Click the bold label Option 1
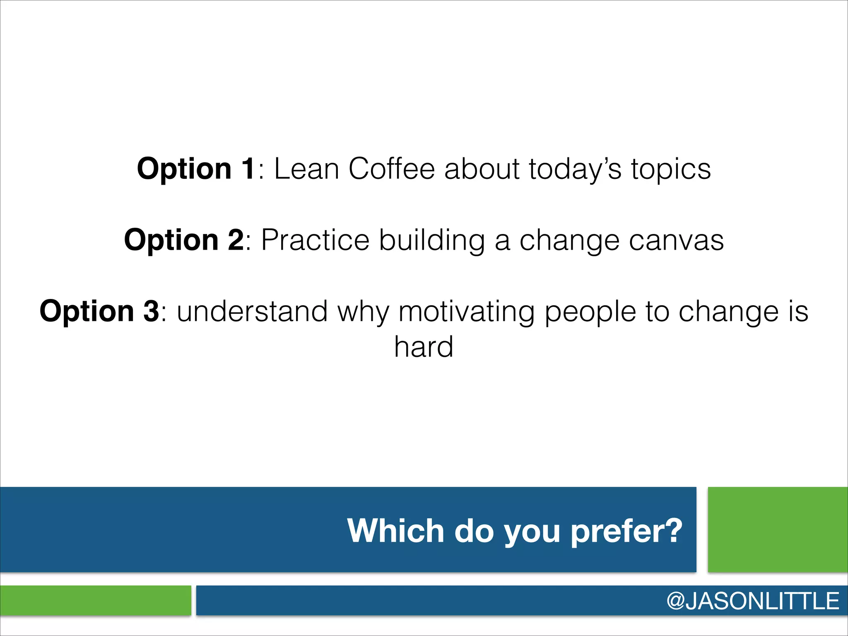tap(196, 169)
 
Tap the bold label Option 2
tap(184, 240)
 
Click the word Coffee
tap(391, 169)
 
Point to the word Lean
tap(306, 169)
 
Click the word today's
tap(575, 169)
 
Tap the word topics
tap(671, 169)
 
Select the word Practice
tap(315, 240)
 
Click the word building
tap(432, 240)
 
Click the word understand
tap(252, 311)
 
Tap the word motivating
tap(466, 311)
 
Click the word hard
tap(424, 347)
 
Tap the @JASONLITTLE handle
tap(753, 601)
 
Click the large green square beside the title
tap(778, 530)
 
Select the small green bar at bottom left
tap(96, 600)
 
